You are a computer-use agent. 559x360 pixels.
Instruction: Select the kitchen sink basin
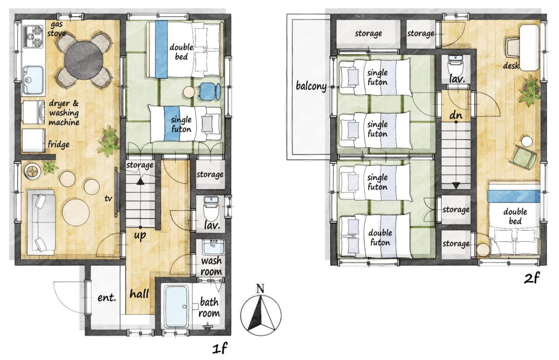click(x=33, y=80)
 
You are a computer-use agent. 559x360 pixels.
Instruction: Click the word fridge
click(x=59, y=145)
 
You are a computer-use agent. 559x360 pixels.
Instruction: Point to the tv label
click(x=108, y=199)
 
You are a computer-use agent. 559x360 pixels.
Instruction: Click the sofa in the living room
click(x=41, y=222)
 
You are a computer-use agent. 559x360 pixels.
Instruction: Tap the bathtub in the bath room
click(x=176, y=307)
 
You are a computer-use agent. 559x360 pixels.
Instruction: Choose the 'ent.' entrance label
click(x=107, y=298)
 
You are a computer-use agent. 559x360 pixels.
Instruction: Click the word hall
click(x=139, y=294)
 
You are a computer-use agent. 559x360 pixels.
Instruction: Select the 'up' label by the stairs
click(x=140, y=235)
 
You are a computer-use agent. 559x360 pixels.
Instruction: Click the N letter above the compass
click(x=260, y=288)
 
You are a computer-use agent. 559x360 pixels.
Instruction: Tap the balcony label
click(x=311, y=86)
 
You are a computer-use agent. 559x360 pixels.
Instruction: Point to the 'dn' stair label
click(x=456, y=115)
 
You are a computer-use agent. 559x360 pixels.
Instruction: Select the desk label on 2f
click(x=511, y=66)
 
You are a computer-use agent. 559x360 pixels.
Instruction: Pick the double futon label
click(x=380, y=238)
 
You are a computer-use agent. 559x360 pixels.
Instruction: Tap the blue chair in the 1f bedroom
click(x=210, y=91)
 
